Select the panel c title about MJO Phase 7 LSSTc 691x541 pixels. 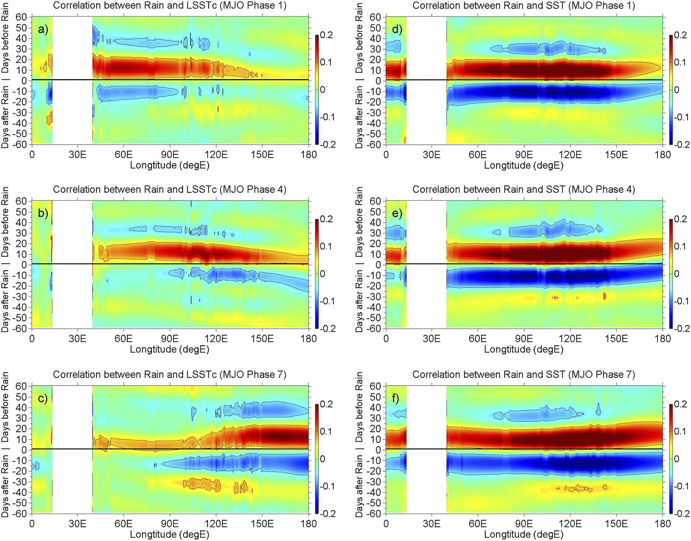[169, 374]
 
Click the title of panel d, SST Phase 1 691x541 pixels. [524, 5]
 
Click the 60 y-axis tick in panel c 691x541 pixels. [21, 386]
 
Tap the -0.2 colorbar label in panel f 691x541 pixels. [679, 513]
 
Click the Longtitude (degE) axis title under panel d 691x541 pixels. [523, 165]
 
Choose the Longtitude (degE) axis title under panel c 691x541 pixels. [169, 534]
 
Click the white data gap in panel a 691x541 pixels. [72, 80]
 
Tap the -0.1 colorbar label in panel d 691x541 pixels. [679, 117]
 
